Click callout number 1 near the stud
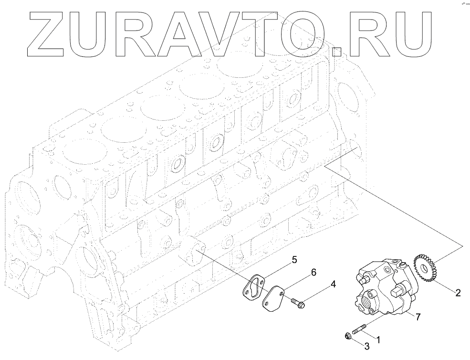pyautogui.click(x=378, y=340)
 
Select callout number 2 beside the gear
pyautogui.click(x=458, y=293)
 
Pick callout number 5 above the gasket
pyautogui.click(x=294, y=260)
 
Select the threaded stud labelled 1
pyautogui.click(x=360, y=331)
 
